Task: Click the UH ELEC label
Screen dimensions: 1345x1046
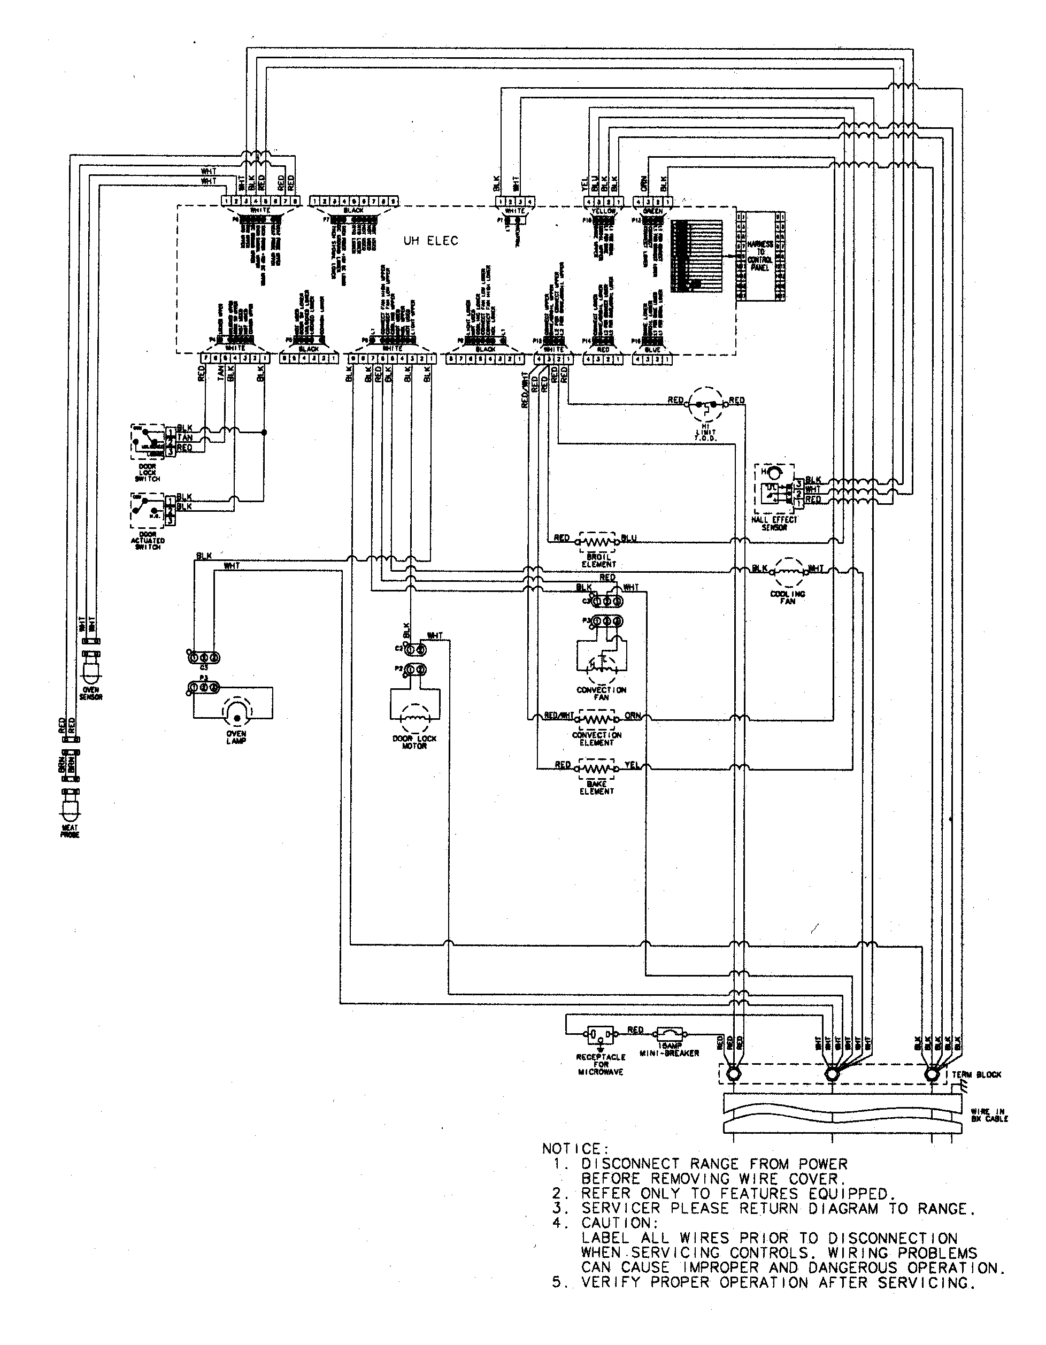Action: pyautogui.click(x=431, y=241)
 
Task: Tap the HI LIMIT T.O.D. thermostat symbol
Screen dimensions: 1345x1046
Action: pyautogui.click(x=703, y=405)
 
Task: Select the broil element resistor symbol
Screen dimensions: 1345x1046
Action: pyautogui.click(x=598, y=541)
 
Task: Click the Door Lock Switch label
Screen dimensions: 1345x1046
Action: pyautogui.click(x=147, y=473)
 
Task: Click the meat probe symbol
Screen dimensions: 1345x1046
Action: pyautogui.click(x=70, y=808)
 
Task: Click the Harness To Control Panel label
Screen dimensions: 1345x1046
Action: pyautogui.click(x=760, y=256)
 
